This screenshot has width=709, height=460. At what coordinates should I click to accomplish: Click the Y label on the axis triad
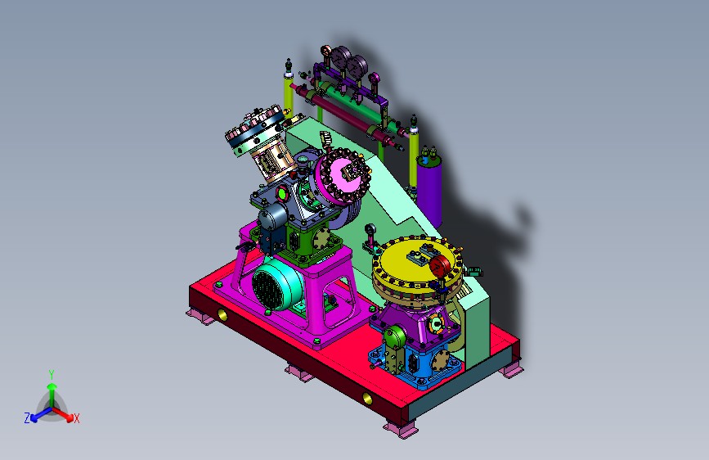[52, 375]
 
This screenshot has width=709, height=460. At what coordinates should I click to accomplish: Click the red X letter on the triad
[76, 418]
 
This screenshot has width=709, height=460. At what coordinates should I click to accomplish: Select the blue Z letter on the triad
[27, 418]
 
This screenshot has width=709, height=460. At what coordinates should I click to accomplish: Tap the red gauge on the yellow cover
[440, 266]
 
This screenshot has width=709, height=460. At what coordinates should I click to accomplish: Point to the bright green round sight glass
[282, 194]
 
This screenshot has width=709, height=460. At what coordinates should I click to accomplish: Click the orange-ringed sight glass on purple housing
[437, 324]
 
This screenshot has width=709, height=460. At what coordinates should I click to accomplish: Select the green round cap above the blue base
[395, 337]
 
